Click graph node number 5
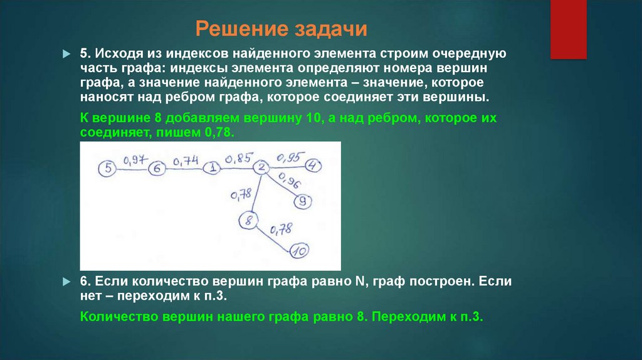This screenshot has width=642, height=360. pos(108,168)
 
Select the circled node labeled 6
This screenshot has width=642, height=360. pos(157,168)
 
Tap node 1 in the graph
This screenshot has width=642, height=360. pos(214,167)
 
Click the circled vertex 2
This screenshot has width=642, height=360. pos(262,167)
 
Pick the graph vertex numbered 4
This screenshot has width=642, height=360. pos(313,166)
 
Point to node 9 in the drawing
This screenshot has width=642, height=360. pos(303,201)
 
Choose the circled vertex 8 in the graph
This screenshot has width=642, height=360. pos(249,220)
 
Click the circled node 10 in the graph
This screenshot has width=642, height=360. pos(300,251)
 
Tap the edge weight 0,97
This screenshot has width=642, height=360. pos(132,161)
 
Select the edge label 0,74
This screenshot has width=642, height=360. pos(186,161)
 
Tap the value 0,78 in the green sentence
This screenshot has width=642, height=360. pos(219,133)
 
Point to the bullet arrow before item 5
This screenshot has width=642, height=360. pos(68,55)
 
